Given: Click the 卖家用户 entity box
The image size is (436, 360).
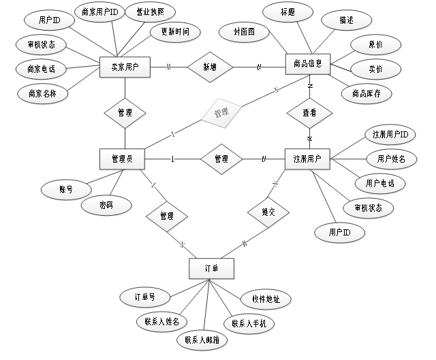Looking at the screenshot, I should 125,67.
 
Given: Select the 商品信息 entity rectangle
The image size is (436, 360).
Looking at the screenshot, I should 307,64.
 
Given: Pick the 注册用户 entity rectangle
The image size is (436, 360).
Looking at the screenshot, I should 307,159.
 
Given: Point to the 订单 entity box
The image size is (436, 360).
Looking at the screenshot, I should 211,268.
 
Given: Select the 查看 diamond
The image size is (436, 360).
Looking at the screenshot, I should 309,113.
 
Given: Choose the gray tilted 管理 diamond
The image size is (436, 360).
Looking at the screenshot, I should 220,111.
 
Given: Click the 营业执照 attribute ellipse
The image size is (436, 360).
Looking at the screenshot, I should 151,12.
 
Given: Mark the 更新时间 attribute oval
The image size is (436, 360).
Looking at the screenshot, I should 175,31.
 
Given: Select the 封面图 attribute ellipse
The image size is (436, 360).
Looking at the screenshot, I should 243,31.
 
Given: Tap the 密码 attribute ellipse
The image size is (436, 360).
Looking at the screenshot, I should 106,205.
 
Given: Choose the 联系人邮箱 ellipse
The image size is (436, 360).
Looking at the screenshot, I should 202,340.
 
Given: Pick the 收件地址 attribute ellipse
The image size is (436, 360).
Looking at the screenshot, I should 266,299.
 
